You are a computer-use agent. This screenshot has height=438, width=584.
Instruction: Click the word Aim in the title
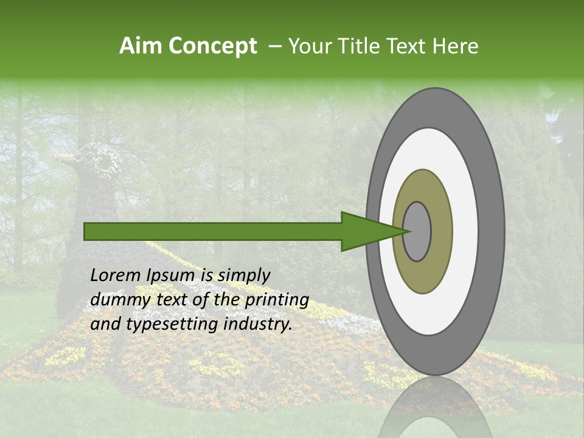[141, 46]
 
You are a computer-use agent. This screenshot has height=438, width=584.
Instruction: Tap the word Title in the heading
[363, 46]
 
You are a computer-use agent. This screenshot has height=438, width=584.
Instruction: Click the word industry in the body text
[258, 324]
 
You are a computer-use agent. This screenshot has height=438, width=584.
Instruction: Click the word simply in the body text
[244, 276]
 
